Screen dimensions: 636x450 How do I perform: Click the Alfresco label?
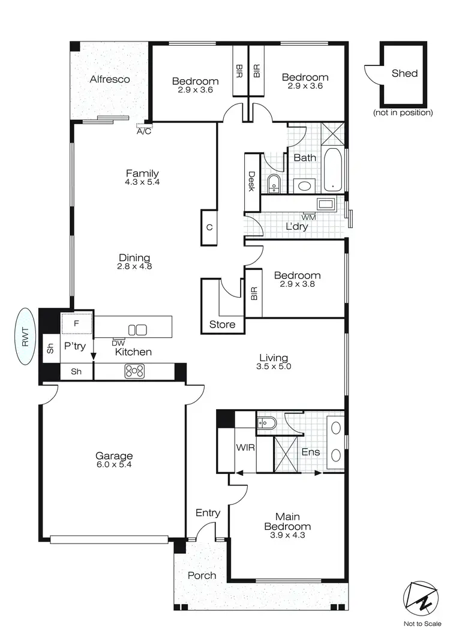(110, 79)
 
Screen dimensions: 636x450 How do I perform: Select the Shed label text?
(404, 74)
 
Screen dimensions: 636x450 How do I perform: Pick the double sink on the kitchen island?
(137, 329)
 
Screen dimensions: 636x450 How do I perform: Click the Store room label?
(221, 325)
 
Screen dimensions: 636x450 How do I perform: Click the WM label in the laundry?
(309, 217)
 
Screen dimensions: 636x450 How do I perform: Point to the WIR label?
(244, 448)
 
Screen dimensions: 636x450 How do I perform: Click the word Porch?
(202, 575)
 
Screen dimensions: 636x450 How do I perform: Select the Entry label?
(208, 513)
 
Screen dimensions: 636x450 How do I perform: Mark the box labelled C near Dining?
(209, 227)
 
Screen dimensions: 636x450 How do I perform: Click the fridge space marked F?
(76, 323)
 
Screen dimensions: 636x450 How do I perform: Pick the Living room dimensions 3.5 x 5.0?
(274, 367)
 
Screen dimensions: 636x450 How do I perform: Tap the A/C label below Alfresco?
(144, 131)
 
